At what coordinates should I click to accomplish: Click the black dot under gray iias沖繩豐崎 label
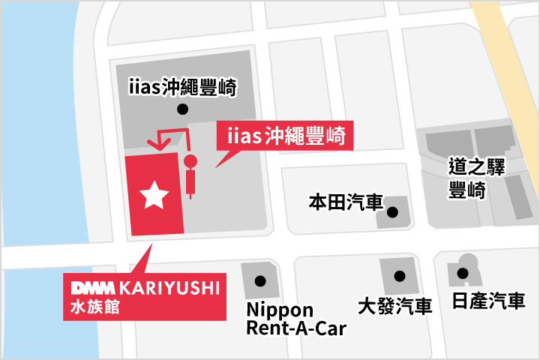[181, 109]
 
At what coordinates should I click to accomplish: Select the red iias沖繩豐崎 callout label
[284, 136]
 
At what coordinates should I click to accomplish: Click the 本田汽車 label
[346, 202]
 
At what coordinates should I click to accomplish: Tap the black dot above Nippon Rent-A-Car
[260, 282]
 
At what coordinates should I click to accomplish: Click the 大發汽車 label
[394, 306]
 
